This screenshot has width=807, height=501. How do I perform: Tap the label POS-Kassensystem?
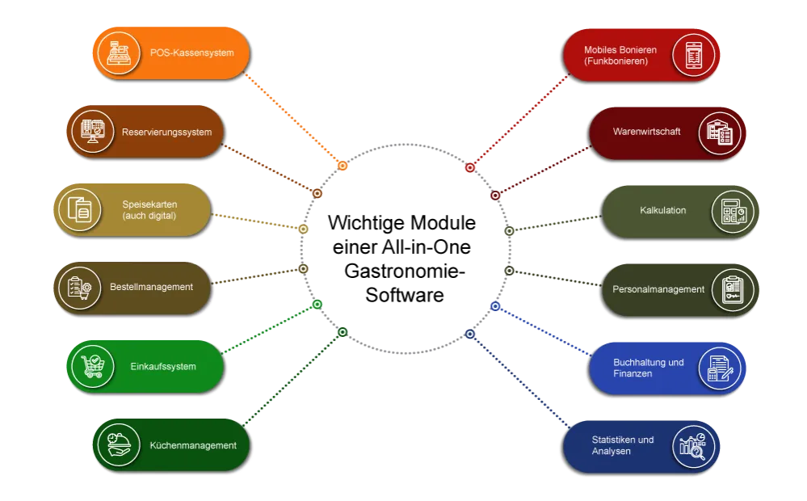(192, 53)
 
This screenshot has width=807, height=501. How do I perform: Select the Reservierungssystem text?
(167, 133)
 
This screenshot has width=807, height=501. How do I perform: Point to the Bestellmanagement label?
(152, 287)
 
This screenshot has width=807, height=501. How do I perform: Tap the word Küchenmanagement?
(193, 445)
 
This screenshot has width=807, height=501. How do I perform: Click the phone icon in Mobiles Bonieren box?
(693, 55)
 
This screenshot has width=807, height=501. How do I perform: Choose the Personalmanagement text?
(658, 289)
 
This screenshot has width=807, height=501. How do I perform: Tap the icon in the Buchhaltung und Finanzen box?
(720, 368)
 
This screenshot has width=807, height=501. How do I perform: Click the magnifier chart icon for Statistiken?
(693, 445)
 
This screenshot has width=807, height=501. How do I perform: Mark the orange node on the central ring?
(343, 166)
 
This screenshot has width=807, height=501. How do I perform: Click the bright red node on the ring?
(470, 167)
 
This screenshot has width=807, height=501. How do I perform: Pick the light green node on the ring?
(317, 304)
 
